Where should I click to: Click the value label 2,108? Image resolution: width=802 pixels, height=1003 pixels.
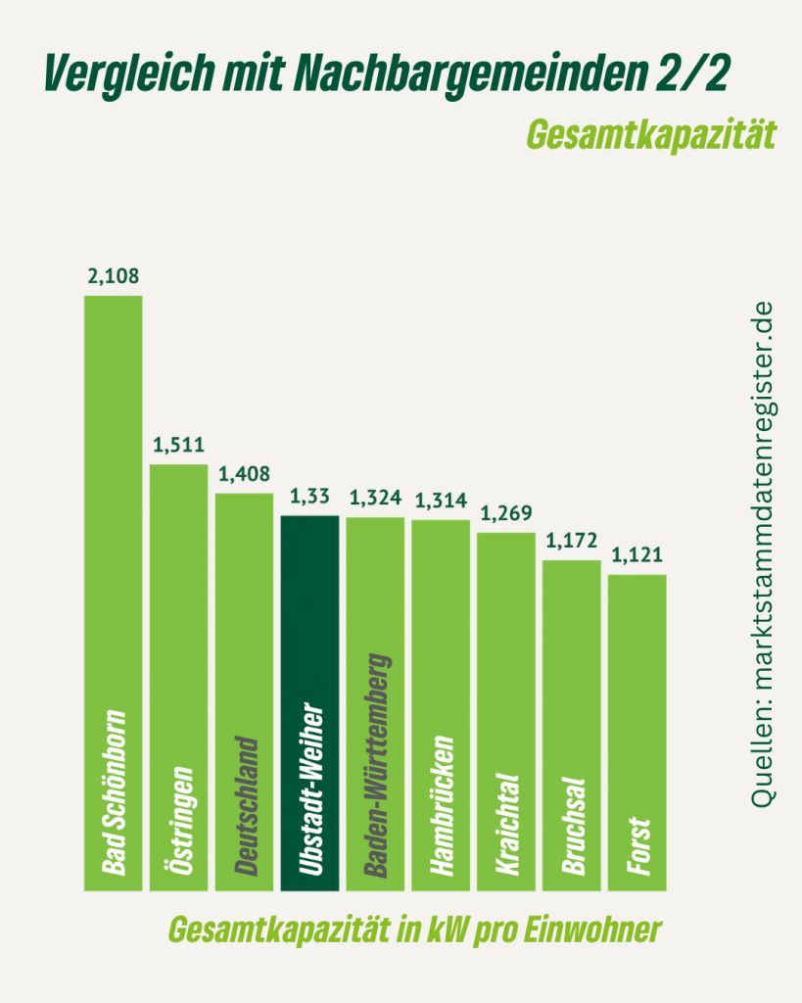click(x=114, y=278)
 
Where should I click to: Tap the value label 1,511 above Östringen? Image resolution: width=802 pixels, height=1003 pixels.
click(x=178, y=447)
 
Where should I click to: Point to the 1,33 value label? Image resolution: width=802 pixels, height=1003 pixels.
click(x=309, y=499)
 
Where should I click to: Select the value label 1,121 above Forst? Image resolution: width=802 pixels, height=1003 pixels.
click(x=637, y=557)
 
